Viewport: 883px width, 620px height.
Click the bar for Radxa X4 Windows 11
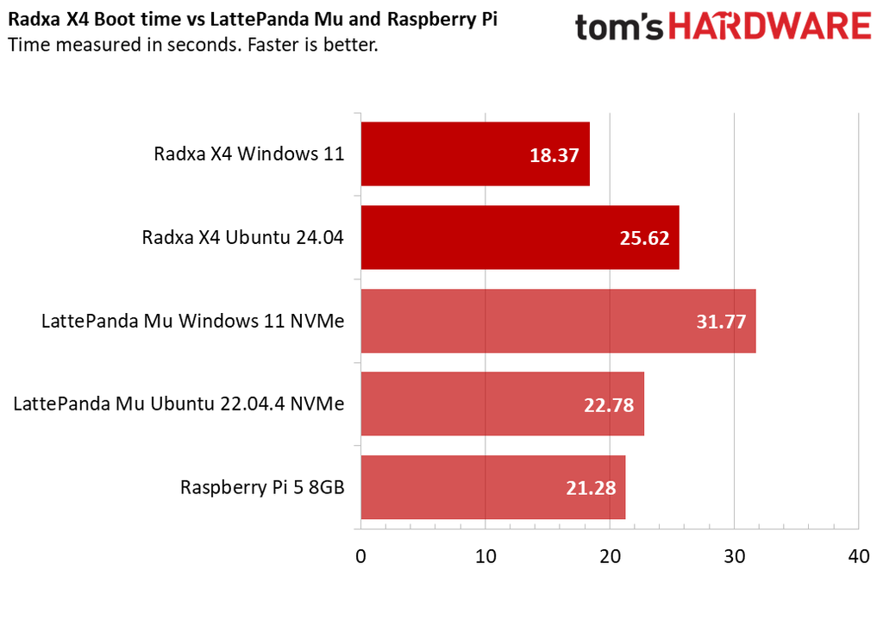474,153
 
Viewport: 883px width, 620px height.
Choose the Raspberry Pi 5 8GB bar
492,487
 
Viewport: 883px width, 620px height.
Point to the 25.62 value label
644,238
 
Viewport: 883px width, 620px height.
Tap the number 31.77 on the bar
721,322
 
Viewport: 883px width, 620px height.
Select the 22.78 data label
609,404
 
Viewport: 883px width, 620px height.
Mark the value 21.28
591,488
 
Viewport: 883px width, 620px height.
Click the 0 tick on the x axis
361,557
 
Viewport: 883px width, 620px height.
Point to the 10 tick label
485,557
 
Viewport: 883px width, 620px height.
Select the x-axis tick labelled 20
610,557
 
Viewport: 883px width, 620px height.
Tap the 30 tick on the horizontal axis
734,557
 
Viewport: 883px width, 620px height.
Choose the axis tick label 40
858,557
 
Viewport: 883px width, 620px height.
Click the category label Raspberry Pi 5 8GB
262,487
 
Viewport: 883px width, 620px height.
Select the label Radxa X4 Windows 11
249,154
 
